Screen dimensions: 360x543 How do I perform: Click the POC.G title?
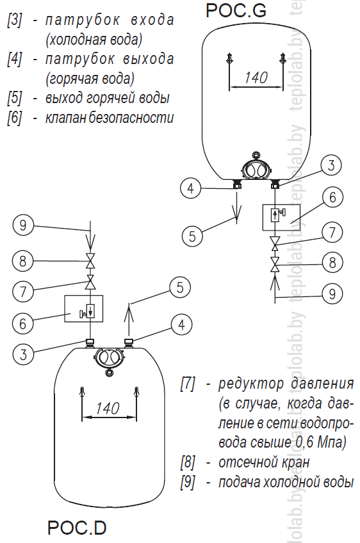pos(236,10)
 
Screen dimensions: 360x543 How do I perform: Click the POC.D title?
pos(77,528)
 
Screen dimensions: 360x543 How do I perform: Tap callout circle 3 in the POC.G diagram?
pos(331,165)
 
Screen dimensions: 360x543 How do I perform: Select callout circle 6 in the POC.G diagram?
pos(332,197)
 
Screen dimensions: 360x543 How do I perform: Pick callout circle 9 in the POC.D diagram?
pos(23,225)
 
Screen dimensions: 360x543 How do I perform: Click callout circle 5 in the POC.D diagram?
pos(180,288)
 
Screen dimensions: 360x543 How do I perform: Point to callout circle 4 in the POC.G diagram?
pos(190,188)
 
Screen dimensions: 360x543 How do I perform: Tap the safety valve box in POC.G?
pos(281,218)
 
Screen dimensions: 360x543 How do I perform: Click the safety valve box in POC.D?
pos(84,309)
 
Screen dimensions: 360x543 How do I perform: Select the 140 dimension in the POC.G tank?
pos(256,77)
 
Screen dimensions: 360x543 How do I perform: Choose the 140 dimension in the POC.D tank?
pos(108,409)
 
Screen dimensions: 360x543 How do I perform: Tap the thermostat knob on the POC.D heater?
pos(109,358)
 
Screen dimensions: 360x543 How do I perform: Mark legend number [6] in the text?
pos(14,118)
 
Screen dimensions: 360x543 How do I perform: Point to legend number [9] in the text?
pos(188,482)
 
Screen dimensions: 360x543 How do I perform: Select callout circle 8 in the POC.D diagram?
pos(23,261)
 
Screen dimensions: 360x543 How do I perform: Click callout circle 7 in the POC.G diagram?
pos(332,232)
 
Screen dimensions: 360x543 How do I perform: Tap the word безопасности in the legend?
pos(131,118)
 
